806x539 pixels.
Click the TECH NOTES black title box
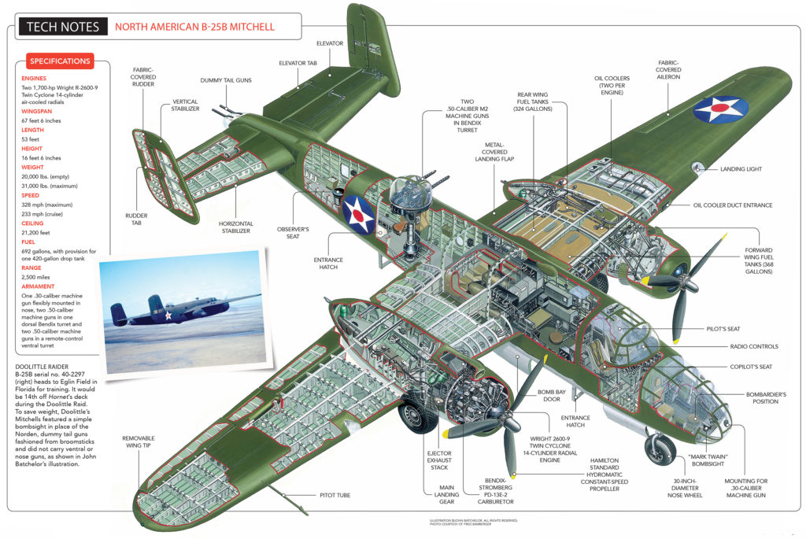coord(63,27)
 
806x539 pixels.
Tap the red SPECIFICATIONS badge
coord(60,61)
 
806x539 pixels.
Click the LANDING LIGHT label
coord(741,168)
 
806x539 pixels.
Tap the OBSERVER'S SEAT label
coord(293,234)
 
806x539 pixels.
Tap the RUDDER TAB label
coord(136,216)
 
